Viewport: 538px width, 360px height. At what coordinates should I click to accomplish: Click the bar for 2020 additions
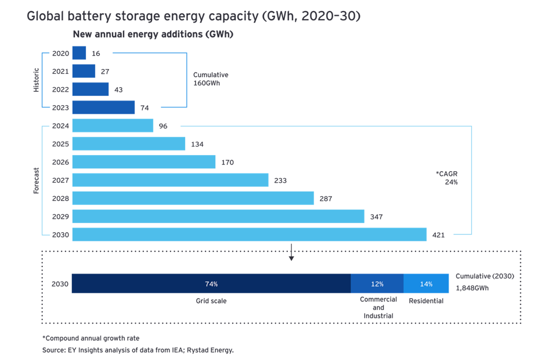[x=79, y=53]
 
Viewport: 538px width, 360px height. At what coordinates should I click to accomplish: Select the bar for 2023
[x=103, y=107]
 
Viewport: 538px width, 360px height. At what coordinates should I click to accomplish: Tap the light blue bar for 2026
[x=144, y=162]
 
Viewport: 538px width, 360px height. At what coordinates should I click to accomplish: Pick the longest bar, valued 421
[x=250, y=235]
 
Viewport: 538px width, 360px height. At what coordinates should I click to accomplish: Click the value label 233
[x=280, y=181]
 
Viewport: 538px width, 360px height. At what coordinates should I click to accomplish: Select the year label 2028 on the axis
[x=60, y=199]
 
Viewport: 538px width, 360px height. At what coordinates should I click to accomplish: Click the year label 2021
[x=60, y=71]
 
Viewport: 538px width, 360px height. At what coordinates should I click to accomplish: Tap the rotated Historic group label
[x=36, y=80]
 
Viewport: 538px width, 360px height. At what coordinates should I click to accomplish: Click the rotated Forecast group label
[x=36, y=180]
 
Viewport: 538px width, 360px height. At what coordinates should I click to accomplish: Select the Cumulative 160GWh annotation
[x=211, y=79]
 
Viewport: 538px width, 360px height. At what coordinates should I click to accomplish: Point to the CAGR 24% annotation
[x=447, y=178]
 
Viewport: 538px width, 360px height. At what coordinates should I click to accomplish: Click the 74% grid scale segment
[x=211, y=284]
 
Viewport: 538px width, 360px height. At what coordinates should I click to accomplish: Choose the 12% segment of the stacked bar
[x=377, y=284]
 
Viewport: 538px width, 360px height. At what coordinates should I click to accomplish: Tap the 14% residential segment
[x=426, y=284]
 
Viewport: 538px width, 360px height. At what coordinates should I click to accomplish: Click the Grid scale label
[x=211, y=301]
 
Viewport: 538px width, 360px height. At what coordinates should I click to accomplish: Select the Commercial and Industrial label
[x=378, y=308]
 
